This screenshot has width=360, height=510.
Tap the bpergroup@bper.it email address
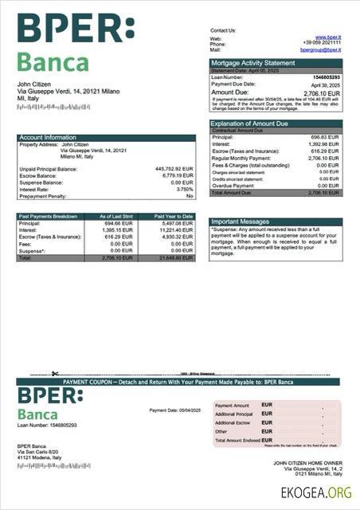[320, 49]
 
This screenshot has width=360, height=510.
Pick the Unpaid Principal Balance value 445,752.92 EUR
[174, 169]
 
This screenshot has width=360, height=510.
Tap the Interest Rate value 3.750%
[184, 189]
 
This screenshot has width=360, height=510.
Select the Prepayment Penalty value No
[190, 195]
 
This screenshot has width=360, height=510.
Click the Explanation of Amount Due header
[253, 124]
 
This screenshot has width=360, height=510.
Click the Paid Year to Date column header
[174, 216]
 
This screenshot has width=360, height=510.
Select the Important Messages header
[240, 222]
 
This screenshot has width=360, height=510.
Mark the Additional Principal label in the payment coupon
[233, 414]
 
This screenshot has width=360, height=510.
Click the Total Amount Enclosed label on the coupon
[238, 441]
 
